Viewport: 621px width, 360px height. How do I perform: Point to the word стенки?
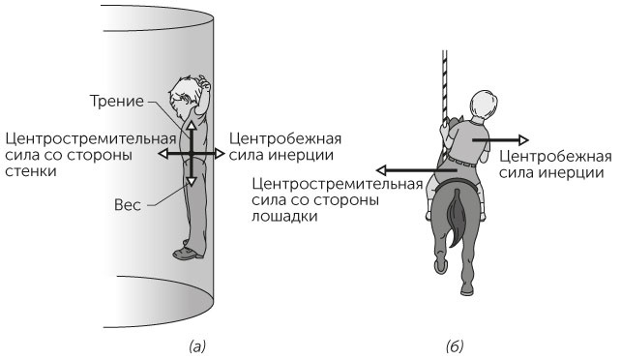click(29, 171)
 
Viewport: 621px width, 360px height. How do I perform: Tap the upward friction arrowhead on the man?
click(192, 126)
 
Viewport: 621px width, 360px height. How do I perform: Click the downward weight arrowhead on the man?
click(192, 181)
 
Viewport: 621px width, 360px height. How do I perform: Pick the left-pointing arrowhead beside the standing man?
click(164, 154)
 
